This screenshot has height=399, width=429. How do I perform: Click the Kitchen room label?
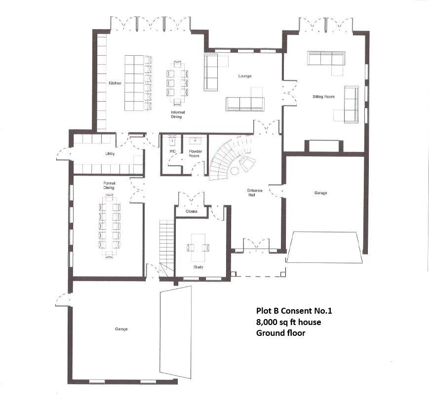pos(115,83)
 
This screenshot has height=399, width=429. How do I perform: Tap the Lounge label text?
pos(244,76)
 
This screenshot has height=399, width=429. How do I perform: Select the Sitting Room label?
pos(323,97)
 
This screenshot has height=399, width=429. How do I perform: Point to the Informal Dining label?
pos(177,114)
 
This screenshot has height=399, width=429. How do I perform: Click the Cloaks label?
pos(192,211)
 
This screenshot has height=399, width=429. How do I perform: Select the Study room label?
pos(198,267)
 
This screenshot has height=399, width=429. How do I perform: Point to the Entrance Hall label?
pos(255,192)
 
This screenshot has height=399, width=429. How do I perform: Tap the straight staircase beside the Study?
pos(166,242)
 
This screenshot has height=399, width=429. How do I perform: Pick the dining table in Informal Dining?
pos(177,82)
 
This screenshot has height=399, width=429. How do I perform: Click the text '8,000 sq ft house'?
pos(288,322)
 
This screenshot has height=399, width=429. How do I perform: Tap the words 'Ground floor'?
pos(280,333)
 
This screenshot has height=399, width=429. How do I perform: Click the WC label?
pos(172,151)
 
